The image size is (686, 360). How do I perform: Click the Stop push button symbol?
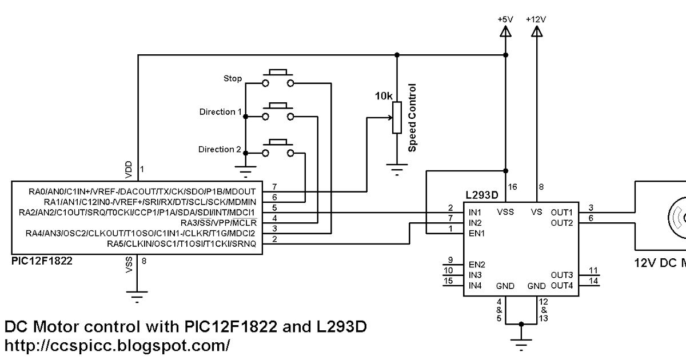pyautogui.click(x=277, y=78)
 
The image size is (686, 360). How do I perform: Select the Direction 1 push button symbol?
pyautogui.click(x=277, y=111)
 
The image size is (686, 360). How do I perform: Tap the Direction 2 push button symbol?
pyautogui.click(x=277, y=147)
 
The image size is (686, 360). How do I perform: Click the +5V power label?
pyautogui.click(x=505, y=19)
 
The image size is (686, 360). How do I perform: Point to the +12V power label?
pyautogui.click(x=536, y=19)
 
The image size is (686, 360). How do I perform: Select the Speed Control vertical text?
pyautogui.click(x=412, y=118)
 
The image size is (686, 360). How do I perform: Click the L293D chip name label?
pyautogui.click(x=482, y=195)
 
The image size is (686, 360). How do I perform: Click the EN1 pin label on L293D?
pyautogui.click(x=477, y=233)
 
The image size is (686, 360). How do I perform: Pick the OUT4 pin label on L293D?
pyautogui.click(x=561, y=285)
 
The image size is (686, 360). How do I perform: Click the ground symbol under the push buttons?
pyautogui.click(x=246, y=170)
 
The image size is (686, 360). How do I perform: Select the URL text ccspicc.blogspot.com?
pyautogui.click(x=117, y=346)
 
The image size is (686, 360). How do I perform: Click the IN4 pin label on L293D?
pyautogui.click(x=475, y=285)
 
